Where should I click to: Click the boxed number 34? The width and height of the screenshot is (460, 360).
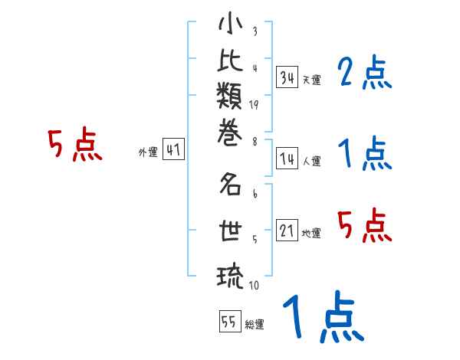click(x=287, y=77)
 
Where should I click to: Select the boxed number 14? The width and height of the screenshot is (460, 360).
click(x=287, y=159)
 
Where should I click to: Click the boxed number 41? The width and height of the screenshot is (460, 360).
click(x=172, y=150)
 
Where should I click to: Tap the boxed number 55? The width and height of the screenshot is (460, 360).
click(x=229, y=322)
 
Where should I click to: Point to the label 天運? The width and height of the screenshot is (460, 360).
click(x=311, y=80)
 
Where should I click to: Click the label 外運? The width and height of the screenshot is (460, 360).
click(x=147, y=152)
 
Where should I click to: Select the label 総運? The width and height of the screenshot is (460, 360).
click(x=255, y=324)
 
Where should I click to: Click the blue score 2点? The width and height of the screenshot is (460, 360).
click(x=364, y=74)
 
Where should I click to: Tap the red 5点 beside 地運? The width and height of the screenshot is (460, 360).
click(x=364, y=225)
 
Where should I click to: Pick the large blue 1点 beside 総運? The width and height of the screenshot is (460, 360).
click(x=322, y=318)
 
